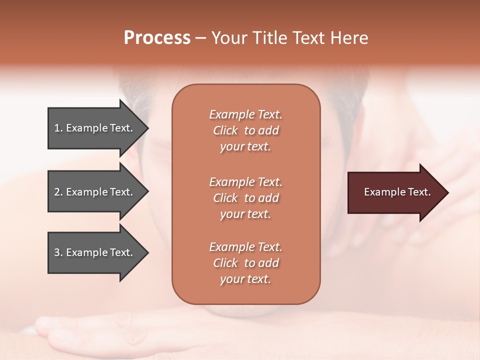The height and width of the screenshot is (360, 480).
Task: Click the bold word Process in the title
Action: point(157,38)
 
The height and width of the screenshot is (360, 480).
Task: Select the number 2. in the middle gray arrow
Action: point(58,192)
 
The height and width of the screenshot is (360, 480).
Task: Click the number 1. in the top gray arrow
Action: point(58,128)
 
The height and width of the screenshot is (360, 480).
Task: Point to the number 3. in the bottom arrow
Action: point(58,252)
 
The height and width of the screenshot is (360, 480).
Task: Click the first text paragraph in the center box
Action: point(245,130)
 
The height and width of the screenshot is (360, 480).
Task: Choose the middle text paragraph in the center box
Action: point(245,198)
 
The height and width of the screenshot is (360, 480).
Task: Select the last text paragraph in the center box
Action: point(245,263)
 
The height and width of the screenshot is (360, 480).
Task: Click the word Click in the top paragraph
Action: point(225,130)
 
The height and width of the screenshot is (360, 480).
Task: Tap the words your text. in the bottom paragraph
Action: point(245,279)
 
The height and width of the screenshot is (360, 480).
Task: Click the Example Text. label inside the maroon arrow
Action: point(397,192)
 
